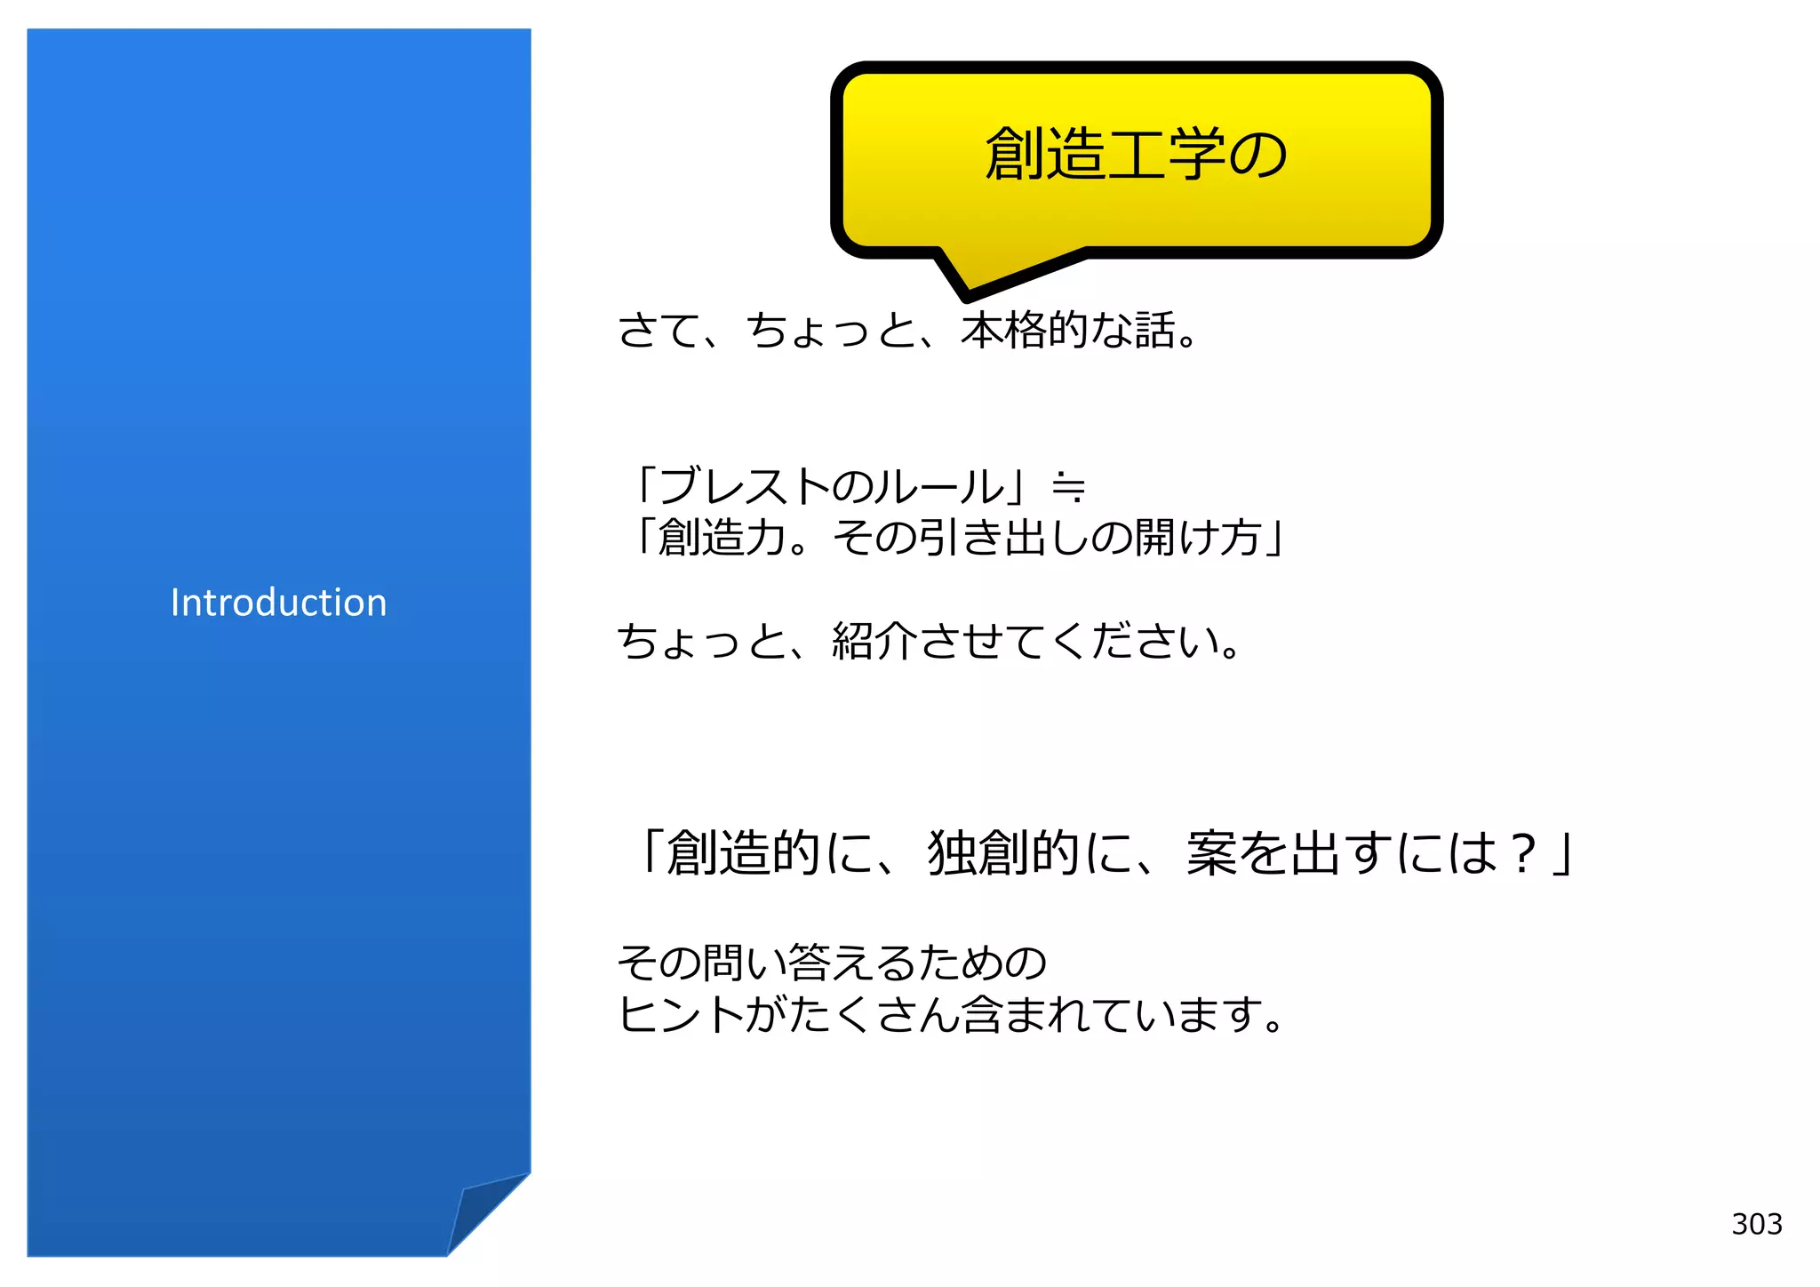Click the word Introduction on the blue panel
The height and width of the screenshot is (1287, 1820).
click(x=278, y=603)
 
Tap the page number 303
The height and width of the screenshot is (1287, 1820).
click(x=1756, y=1224)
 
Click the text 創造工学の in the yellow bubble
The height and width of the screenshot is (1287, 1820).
click(x=1136, y=154)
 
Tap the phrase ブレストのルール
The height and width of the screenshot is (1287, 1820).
click(x=832, y=486)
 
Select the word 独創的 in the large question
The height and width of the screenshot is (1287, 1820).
click(x=1003, y=853)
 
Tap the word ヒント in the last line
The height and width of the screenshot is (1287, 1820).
click(x=681, y=1015)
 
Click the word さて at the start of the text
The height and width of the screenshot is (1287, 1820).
click(x=659, y=330)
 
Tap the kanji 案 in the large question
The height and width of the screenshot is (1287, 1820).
click(x=1211, y=853)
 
